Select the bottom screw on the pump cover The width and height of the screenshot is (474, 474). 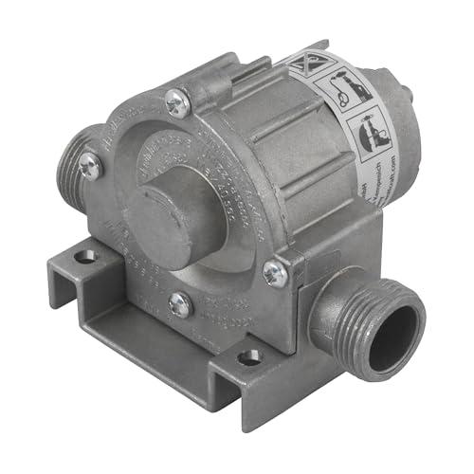tap(180, 304)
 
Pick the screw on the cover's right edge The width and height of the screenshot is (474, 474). tap(276, 274)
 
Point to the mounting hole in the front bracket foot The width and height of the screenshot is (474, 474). tap(250, 357)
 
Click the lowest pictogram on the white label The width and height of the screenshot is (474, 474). tap(369, 133)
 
